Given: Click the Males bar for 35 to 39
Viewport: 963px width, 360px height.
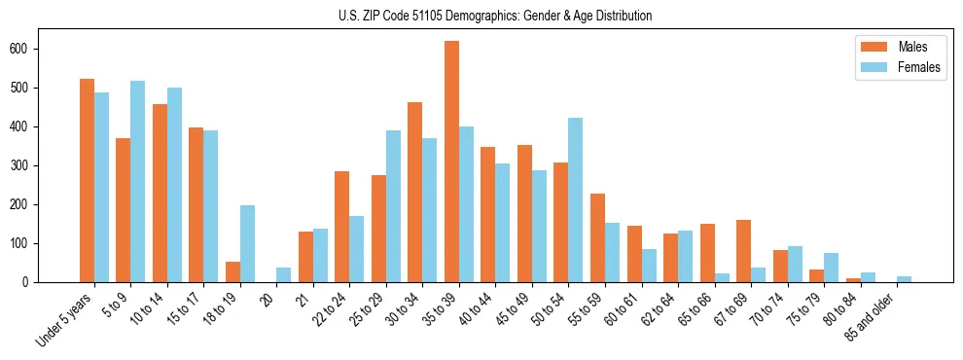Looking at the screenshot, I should pyautogui.click(x=451, y=162).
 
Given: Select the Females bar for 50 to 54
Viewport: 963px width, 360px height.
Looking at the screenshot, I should pyautogui.click(x=576, y=200).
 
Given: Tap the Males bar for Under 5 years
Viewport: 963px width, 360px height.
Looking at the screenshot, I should pyautogui.click(x=87, y=181).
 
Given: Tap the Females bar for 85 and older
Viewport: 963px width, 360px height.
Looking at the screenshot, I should pyautogui.click(x=904, y=279).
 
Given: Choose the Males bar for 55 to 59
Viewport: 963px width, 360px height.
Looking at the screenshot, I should pyautogui.click(x=597, y=238).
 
